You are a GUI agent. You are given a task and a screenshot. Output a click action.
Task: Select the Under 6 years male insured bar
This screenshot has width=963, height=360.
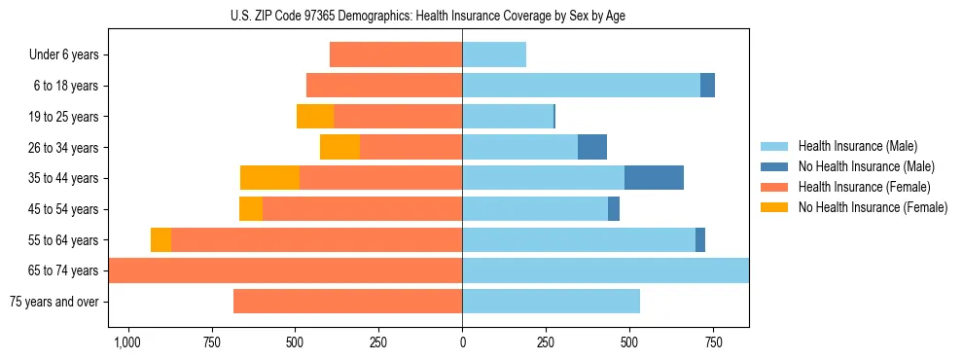494,54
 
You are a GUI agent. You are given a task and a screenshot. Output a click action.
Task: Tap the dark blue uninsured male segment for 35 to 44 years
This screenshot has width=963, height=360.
654,178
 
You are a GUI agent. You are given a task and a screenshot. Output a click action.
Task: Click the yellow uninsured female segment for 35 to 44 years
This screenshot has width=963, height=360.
269,178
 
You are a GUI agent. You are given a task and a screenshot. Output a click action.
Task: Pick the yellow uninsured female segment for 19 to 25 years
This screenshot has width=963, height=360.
315,117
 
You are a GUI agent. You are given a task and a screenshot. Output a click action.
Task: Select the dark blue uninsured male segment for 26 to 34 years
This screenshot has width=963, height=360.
592,147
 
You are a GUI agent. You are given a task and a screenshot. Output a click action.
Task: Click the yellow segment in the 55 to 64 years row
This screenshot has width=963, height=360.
160,239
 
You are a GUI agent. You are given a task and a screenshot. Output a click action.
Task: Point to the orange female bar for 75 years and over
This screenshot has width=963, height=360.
347,302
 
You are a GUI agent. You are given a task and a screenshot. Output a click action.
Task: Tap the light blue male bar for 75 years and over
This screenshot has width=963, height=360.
551,302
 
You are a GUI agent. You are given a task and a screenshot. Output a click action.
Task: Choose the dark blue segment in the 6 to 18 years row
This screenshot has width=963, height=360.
707,86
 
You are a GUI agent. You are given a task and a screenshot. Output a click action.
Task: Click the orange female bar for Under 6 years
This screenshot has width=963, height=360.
396,54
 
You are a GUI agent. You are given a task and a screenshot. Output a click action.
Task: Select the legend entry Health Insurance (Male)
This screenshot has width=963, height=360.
856,146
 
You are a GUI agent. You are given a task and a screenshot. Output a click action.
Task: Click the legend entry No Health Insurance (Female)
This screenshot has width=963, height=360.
873,207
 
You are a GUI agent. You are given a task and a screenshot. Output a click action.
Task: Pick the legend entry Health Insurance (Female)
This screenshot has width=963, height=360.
864,187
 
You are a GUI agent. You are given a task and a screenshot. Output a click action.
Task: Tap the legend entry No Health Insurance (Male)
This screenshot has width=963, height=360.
866,166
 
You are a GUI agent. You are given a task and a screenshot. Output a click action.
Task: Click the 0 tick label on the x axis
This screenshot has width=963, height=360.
462,342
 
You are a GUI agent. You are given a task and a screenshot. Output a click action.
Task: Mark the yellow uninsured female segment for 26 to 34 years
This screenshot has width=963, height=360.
339,147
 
